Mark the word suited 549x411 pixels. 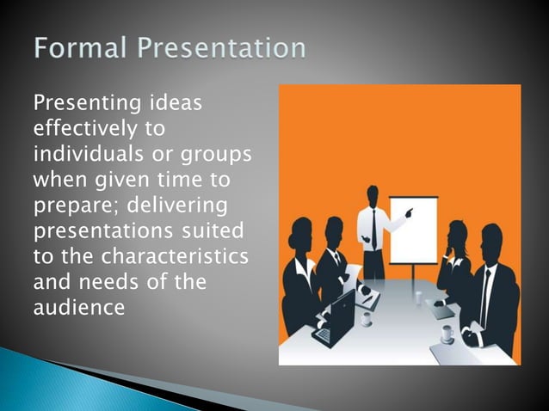click(213, 231)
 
